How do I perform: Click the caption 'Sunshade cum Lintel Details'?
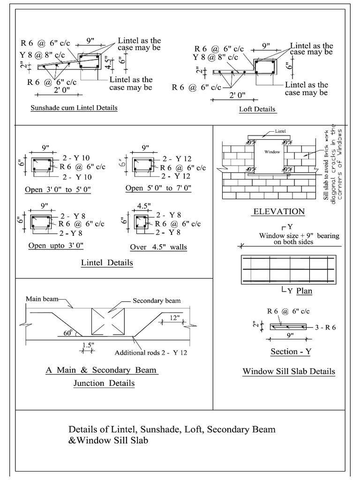[x=74, y=108]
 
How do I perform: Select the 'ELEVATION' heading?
[x=279, y=211]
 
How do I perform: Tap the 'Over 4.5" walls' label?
[x=158, y=247]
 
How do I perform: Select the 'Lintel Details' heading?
[x=107, y=262]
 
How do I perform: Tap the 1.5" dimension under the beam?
[x=88, y=345]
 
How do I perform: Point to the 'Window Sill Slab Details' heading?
[x=289, y=371]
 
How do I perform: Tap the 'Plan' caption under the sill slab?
[x=304, y=291]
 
